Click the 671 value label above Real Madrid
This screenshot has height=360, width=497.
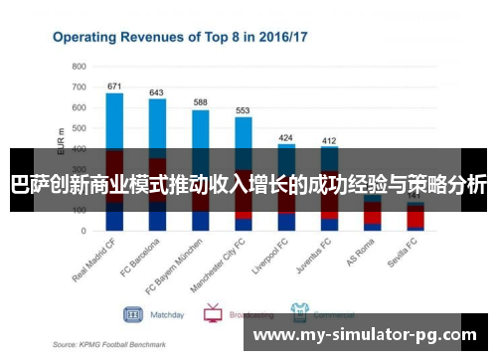point(114,86)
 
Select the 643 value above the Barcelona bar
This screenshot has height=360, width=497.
point(157,92)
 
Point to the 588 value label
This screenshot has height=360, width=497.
point(200,102)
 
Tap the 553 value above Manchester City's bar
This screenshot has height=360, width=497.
point(243,110)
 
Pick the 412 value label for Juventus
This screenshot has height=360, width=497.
point(329,140)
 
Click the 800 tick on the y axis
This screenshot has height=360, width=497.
point(79,66)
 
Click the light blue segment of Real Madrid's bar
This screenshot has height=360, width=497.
point(114,119)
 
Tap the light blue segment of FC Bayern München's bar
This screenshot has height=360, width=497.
point(200,128)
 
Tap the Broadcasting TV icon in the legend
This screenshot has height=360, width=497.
point(212,314)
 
